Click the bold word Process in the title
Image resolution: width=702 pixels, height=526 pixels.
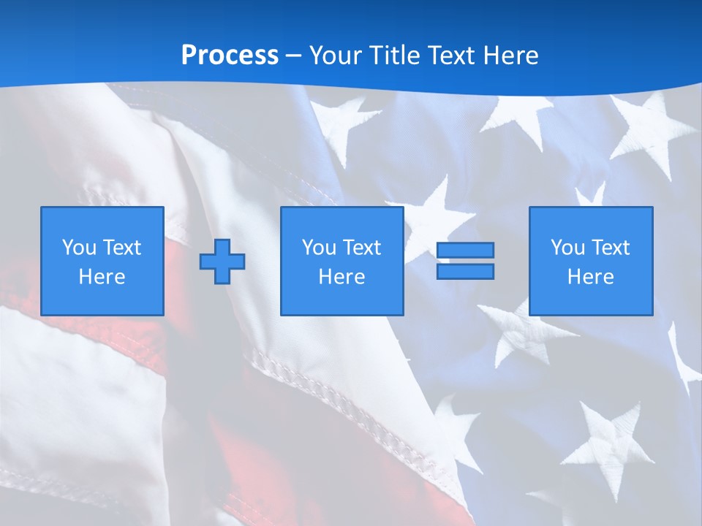(x=230, y=56)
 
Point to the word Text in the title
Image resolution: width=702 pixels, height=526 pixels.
(x=450, y=56)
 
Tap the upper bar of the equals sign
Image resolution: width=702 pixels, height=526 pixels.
(x=465, y=251)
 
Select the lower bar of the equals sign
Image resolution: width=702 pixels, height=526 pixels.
(x=465, y=271)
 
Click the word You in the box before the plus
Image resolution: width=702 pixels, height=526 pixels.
(x=79, y=248)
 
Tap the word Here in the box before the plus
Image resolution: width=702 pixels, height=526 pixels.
(x=102, y=277)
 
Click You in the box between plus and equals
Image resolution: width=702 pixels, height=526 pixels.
(x=319, y=248)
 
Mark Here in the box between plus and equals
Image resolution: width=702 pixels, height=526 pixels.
(x=341, y=277)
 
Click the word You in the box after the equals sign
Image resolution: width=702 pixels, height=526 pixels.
(x=567, y=248)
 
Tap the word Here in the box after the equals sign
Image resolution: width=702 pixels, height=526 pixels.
(x=590, y=277)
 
